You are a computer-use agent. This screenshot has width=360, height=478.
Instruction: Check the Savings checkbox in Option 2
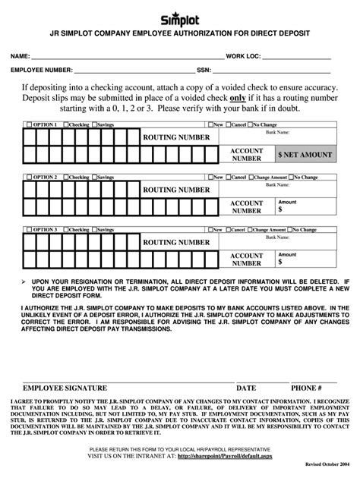(94, 177)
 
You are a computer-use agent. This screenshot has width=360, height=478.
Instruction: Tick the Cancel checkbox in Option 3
(229, 229)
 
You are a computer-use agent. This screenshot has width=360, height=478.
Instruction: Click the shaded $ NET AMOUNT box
(305, 155)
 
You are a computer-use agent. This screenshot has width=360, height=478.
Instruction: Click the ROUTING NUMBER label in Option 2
(176, 190)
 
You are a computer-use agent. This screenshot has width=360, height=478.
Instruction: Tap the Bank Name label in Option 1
(276, 131)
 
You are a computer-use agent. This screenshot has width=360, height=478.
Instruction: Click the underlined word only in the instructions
(238, 98)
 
